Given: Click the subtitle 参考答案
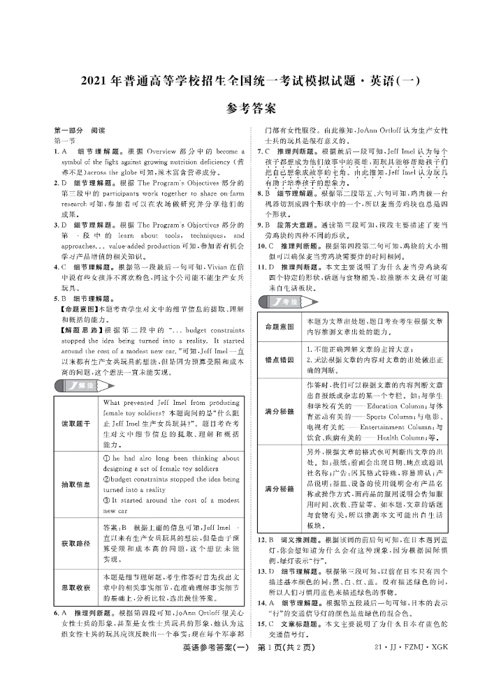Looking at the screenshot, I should coord(251,109).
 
